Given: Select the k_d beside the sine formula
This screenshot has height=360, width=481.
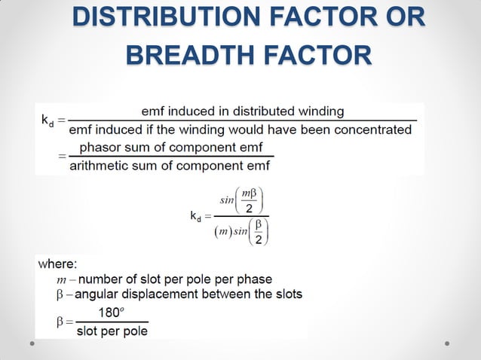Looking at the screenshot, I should coord(195,217).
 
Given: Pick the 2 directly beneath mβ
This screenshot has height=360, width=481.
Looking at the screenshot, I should coord(254,209).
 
